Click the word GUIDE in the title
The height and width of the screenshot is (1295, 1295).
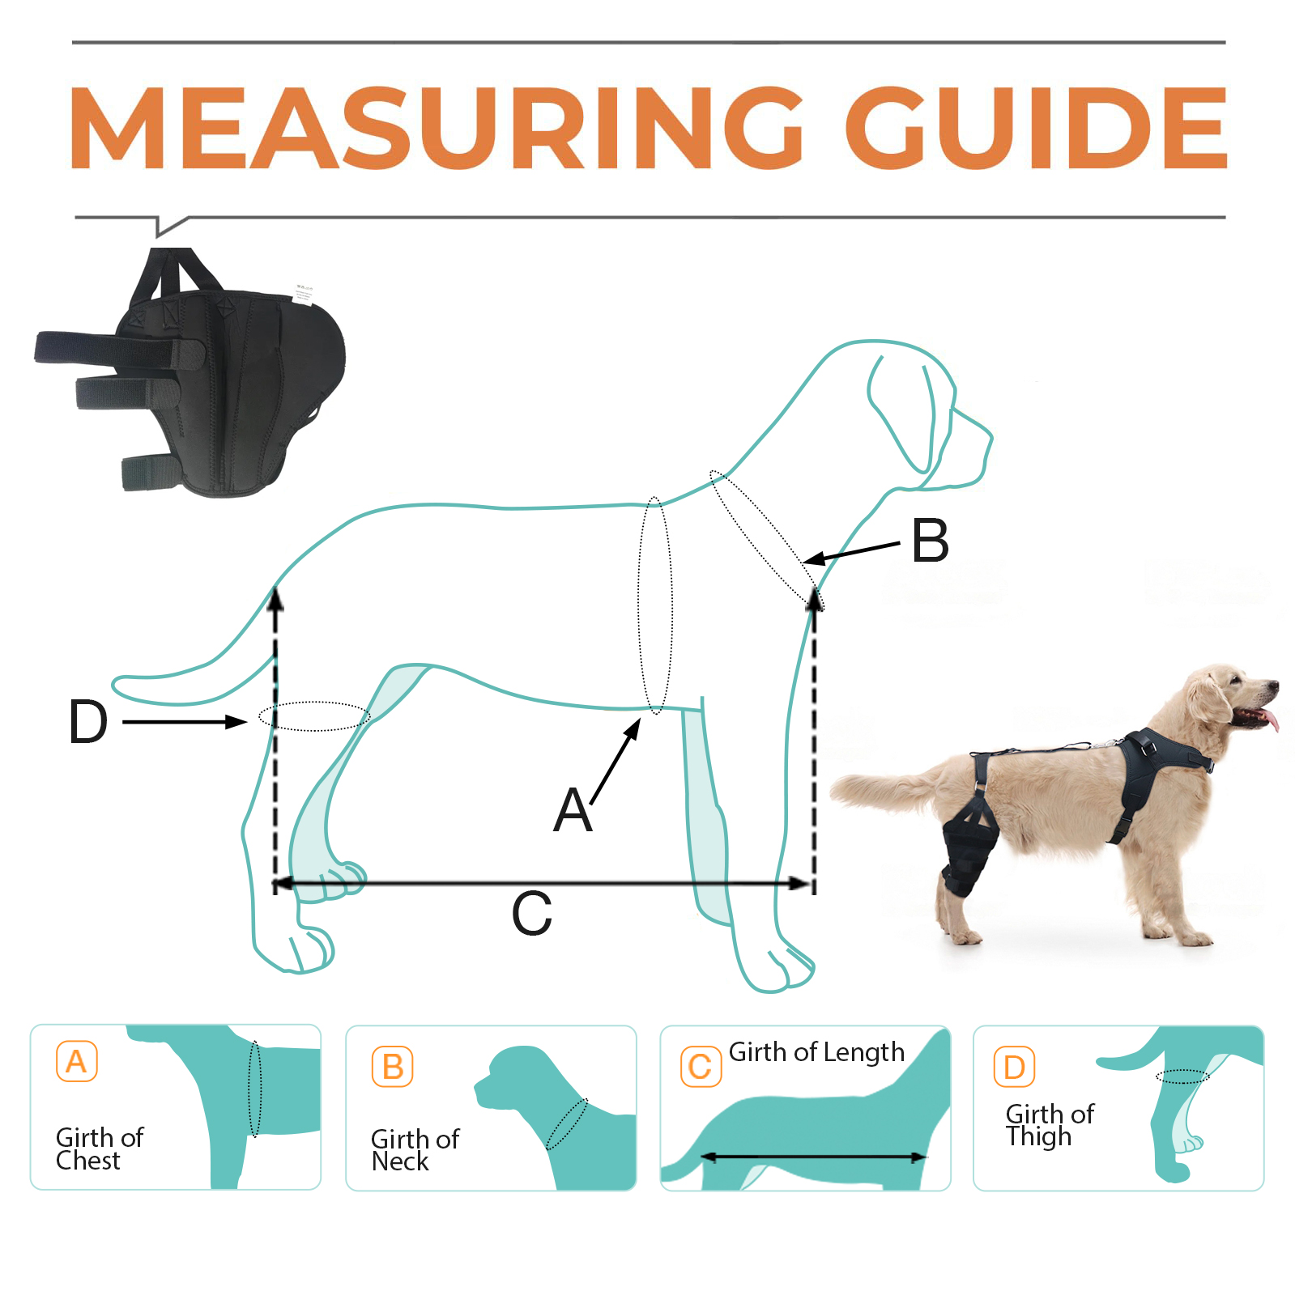(1037, 129)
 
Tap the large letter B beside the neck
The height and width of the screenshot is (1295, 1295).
(930, 541)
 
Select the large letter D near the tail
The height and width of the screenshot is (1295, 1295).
(87, 722)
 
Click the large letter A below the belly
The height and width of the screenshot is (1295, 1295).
(573, 811)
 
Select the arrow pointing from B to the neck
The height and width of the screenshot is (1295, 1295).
(850, 554)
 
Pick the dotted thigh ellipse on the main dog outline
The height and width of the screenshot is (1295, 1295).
(314, 716)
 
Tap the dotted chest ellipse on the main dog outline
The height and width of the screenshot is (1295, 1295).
(655, 605)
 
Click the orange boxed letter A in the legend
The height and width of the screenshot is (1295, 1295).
(77, 1061)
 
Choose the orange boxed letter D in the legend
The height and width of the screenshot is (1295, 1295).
(1014, 1068)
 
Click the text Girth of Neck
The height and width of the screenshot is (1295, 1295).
(414, 1150)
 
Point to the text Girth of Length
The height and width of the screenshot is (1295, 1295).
(816, 1052)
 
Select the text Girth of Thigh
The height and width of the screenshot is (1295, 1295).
(1049, 1125)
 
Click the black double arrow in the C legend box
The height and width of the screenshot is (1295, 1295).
(812, 1157)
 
